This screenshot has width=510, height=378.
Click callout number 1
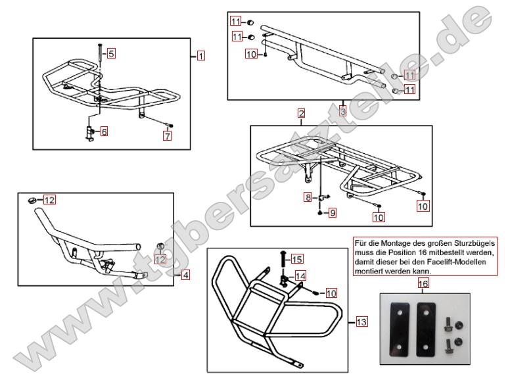pyautogui.click(x=200, y=56)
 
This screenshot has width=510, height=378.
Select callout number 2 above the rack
pyautogui.click(x=300, y=114)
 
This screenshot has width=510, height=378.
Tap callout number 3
pyautogui.click(x=342, y=111)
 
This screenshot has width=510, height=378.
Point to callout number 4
pyautogui.click(x=185, y=275)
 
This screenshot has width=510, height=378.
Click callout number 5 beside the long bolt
pyautogui.click(x=111, y=53)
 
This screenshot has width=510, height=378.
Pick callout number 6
pyautogui.click(x=104, y=131)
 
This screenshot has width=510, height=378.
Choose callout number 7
pyautogui.click(x=168, y=136)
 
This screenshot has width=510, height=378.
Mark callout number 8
pyautogui.click(x=307, y=197)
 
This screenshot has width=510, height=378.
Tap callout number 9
pyautogui.click(x=333, y=213)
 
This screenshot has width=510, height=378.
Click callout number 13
pyautogui.click(x=360, y=322)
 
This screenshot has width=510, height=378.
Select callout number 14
pyautogui.click(x=300, y=275)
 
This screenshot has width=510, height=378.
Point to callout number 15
pyautogui.click(x=297, y=258)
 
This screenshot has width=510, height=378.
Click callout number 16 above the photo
pyautogui.click(x=423, y=284)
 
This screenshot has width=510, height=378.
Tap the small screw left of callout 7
pyautogui.click(x=170, y=124)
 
